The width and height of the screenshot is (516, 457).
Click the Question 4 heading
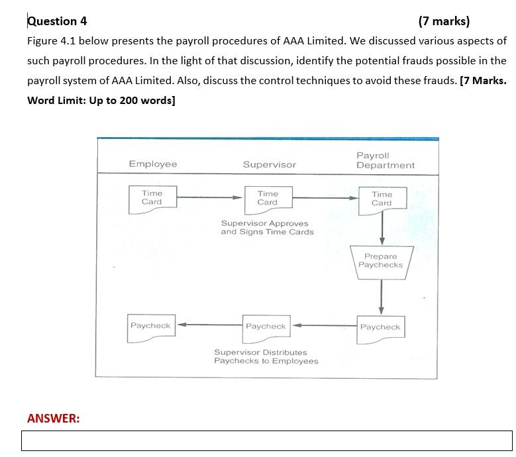[x=57, y=21]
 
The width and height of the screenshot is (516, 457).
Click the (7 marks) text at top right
[x=444, y=21]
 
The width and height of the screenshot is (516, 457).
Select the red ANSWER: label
[x=53, y=418]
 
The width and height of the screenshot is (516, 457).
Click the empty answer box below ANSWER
[x=267, y=440]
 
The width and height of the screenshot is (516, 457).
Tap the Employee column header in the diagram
[x=153, y=164]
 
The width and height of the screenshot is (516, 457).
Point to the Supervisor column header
[x=269, y=164]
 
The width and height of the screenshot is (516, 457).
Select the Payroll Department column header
[x=385, y=160]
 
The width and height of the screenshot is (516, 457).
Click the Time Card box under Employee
[x=152, y=197]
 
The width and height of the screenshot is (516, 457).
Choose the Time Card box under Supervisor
[x=268, y=197]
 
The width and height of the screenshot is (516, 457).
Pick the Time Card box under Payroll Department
[x=382, y=199]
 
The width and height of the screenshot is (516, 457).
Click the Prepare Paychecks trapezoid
[x=381, y=261]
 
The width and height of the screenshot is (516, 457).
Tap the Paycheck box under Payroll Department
[x=380, y=328]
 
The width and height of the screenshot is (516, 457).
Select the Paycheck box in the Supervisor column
[x=266, y=327]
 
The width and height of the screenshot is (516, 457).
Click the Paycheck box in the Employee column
[x=150, y=327]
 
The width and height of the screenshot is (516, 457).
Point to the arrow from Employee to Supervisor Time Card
[x=209, y=197]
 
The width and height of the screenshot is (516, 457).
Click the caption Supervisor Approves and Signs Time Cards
[x=267, y=228]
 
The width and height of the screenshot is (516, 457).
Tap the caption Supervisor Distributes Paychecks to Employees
[x=266, y=357]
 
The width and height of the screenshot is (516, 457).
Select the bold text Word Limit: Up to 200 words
[x=101, y=101]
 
